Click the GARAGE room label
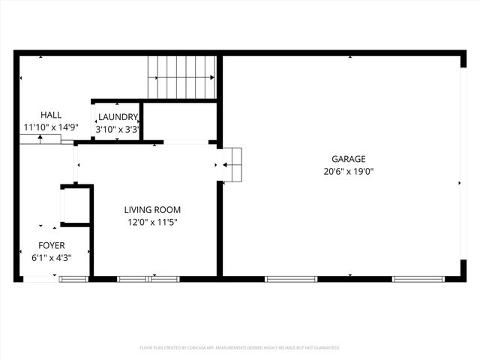(x=349, y=159)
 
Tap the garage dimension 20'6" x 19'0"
(x=349, y=171)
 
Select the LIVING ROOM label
(x=152, y=210)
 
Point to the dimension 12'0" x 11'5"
(x=152, y=222)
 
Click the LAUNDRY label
(x=118, y=117)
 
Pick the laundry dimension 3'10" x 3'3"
(x=118, y=129)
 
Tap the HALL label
(x=51, y=115)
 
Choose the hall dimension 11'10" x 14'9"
(x=51, y=127)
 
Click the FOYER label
(x=52, y=245)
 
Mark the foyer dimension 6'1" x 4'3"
(x=52, y=257)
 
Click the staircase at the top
(x=182, y=76)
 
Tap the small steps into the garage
(x=233, y=164)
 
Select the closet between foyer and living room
(x=76, y=204)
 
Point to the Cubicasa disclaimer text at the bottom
(x=240, y=348)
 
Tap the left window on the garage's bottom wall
(x=291, y=279)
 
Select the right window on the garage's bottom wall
(x=418, y=279)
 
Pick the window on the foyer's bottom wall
(x=73, y=279)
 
